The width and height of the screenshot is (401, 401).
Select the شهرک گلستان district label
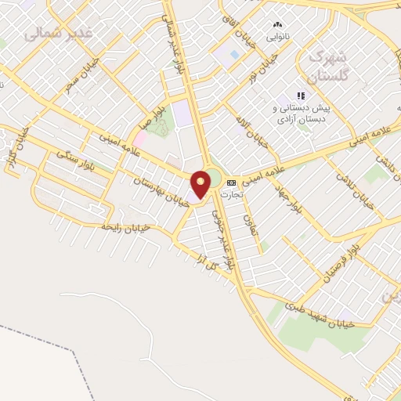tap(327, 66)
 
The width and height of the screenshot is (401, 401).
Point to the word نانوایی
tap(277, 37)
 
